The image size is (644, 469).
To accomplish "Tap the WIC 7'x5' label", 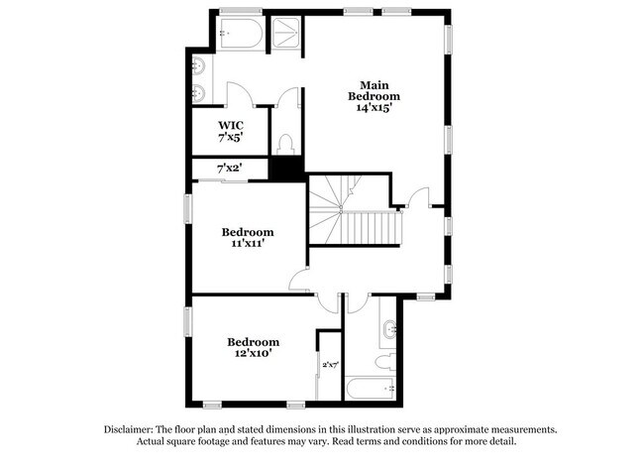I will pyautogui.click(x=230, y=131).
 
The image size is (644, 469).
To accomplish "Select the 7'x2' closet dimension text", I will pyautogui.click(x=229, y=170).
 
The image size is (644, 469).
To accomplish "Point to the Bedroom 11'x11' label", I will pyautogui.click(x=247, y=237).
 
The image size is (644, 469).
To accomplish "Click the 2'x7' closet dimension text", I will pyautogui.click(x=330, y=365).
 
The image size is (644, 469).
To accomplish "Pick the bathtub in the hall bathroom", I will pyautogui.click(x=371, y=388).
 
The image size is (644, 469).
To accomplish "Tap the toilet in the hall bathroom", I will pyautogui.click(x=387, y=358).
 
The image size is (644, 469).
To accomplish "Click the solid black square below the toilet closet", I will pyautogui.click(x=287, y=170).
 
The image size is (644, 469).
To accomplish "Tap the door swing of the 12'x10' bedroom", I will pyautogui.click(x=329, y=301).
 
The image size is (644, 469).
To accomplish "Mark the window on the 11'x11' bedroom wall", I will pyautogui.click(x=187, y=209).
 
